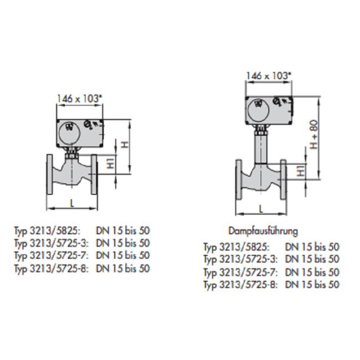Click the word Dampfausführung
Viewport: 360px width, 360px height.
tap(263, 231)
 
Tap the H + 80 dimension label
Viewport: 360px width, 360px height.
tap(315, 135)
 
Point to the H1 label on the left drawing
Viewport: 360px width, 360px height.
tap(111, 163)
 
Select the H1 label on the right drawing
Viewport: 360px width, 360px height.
tap(301, 172)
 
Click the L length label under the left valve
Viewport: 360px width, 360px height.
tap(73, 203)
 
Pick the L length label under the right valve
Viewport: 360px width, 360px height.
tap(261, 209)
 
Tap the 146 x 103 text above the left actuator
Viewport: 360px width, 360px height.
tap(79, 99)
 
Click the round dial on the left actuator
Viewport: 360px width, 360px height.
tap(69, 133)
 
